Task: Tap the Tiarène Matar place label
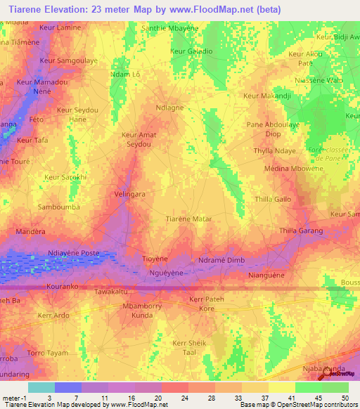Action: point(188,219)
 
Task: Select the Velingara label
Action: point(129,193)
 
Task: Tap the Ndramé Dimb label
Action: point(221,260)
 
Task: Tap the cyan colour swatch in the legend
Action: point(41,387)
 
